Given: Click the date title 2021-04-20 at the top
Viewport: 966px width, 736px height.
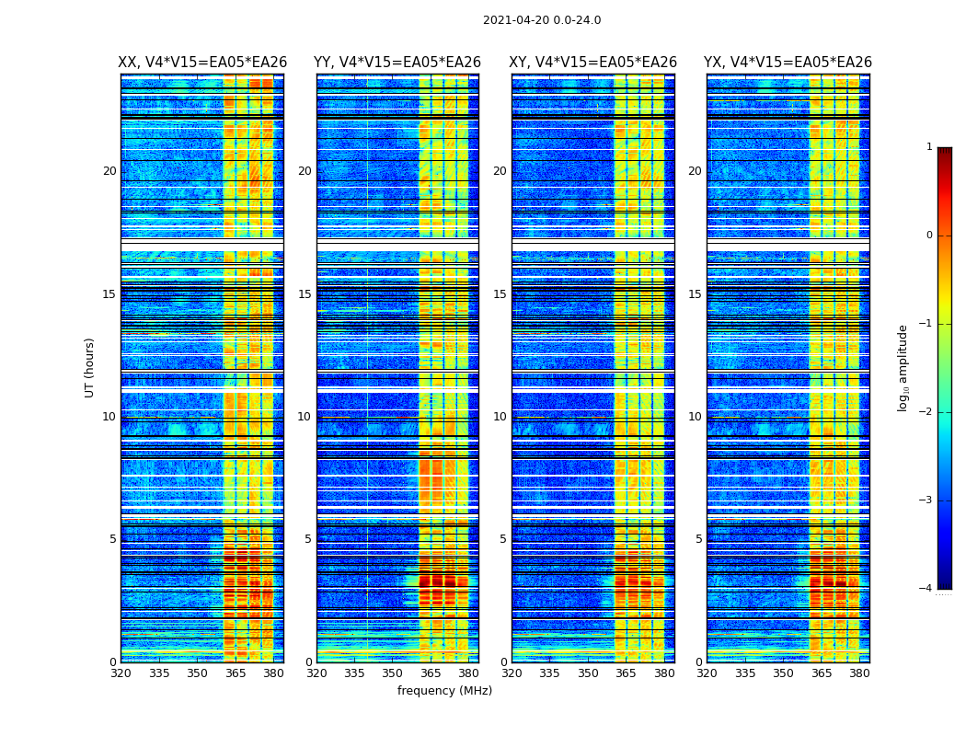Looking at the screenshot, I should pyautogui.click(x=542, y=20).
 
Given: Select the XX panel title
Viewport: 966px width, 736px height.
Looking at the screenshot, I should pyautogui.click(x=202, y=63).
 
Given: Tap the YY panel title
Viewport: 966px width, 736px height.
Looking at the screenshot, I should pyautogui.click(x=397, y=63).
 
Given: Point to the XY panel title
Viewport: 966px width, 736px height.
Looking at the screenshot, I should pyautogui.click(x=592, y=63).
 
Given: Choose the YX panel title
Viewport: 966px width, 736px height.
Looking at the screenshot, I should pyautogui.click(x=788, y=63).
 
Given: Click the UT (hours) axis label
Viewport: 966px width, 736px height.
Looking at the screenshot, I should pyautogui.click(x=90, y=367).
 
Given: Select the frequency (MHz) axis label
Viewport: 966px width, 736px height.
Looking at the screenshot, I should pyautogui.click(x=444, y=691).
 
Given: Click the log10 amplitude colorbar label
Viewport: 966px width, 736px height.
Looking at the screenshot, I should pyautogui.click(x=903, y=367).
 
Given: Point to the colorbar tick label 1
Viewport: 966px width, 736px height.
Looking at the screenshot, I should pyautogui.click(x=929, y=147).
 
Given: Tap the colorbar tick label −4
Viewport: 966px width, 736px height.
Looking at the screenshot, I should pyautogui.click(x=926, y=589).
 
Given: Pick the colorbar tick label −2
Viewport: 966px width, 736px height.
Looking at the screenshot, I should pyautogui.click(x=926, y=412).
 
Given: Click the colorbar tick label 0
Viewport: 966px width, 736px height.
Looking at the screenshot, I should pyautogui.click(x=929, y=236).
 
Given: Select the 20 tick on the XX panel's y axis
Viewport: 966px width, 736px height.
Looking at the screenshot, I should pyautogui.click(x=109, y=171).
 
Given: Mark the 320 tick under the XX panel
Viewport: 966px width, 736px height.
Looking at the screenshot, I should pyautogui.click(x=121, y=673).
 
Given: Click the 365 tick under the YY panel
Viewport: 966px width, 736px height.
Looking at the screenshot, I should pyautogui.click(x=431, y=673).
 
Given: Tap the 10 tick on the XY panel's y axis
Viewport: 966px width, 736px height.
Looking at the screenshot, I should pyautogui.click(x=500, y=417).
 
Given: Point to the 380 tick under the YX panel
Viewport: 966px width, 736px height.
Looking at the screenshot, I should pyautogui.click(x=859, y=673).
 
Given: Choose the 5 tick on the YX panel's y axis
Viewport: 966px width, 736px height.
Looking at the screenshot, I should pyautogui.click(x=698, y=539).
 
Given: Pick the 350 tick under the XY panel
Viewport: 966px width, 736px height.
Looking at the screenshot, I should pyautogui.click(x=588, y=673).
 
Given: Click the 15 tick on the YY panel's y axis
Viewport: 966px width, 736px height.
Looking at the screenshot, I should pyautogui.click(x=305, y=294).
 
